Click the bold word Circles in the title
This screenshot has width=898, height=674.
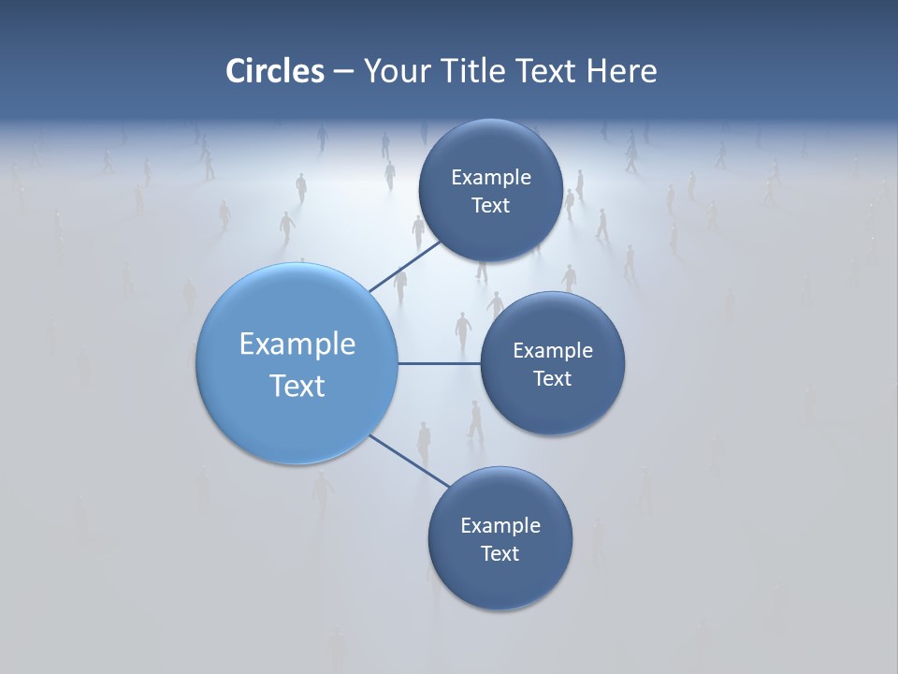(275, 71)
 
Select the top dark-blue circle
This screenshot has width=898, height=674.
(490, 150)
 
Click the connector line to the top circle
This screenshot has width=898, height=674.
(404, 267)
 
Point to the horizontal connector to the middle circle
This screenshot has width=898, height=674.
(439, 363)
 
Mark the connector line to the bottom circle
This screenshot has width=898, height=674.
(410, 461)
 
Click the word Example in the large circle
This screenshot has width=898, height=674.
(297, 344)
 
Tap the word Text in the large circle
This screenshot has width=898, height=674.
(297, 386)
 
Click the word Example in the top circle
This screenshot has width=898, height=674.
(491, 178)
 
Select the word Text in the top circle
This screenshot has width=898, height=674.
(490, 206)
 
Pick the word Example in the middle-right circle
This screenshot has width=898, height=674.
(553, 351)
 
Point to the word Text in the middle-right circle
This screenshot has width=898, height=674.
(552, 379)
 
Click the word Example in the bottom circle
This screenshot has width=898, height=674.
(500, 526)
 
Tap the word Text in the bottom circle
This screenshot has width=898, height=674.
(500, 554)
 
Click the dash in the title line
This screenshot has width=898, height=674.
(343, 72)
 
